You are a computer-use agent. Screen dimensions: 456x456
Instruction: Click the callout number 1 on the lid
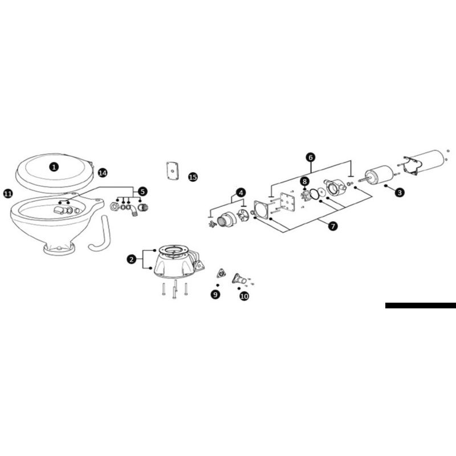[54, 167]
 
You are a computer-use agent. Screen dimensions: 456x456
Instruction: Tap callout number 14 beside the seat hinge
[103, 173]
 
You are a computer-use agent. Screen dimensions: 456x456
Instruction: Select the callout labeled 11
[8, 193]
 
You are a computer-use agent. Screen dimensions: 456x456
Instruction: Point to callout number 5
[142, 192]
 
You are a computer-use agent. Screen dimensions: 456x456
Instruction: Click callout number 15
[193, 177]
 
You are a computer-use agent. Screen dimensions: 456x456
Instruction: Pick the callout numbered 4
[241, 193]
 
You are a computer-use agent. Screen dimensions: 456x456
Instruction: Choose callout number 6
[311, 157]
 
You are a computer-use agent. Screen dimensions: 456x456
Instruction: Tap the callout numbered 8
[304, 181]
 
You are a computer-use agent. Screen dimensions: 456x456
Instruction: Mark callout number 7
[333, 226]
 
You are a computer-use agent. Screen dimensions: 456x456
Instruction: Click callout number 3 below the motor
[400, 192]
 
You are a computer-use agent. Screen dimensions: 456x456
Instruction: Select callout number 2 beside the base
[132, 259]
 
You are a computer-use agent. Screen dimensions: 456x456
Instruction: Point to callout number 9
[215, 295]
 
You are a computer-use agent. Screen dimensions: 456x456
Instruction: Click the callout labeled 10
[244, 296]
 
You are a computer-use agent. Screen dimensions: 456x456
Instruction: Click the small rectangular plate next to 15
[173, 171]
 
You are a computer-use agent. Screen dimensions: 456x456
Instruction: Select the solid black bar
[421, 306]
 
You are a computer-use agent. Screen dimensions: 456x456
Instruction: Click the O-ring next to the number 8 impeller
[315, 194]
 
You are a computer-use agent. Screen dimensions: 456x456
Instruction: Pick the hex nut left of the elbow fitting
[115, 206]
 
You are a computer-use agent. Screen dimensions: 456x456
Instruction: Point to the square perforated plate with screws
[288, 202]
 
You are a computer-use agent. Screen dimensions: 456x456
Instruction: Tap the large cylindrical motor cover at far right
[425, 162]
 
